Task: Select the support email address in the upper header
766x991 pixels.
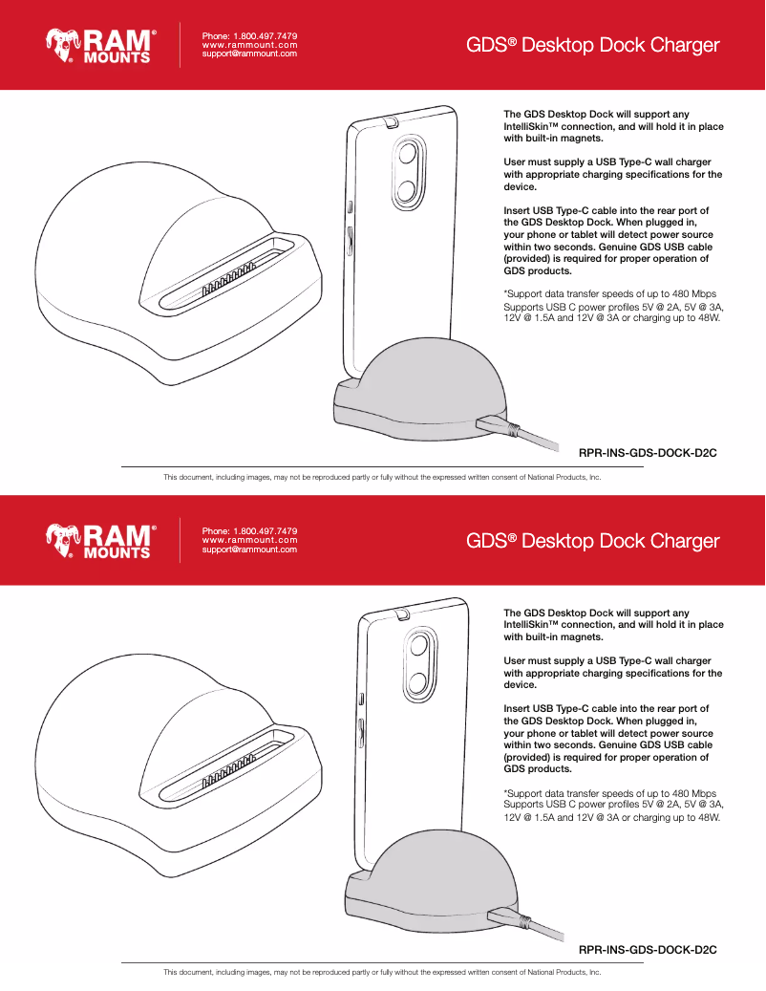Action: coord(249,54)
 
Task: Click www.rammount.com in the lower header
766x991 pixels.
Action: coord(249,540)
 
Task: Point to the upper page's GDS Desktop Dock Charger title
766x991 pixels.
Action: coord(592,45)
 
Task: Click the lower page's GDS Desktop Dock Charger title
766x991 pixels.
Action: coord(592,541)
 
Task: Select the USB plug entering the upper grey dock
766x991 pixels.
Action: coord(498,423)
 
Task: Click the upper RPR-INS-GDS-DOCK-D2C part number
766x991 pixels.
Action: coord(648,452)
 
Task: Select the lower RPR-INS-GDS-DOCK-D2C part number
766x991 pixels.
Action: coord(648,949)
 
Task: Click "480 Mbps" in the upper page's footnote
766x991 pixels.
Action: coord(694,292)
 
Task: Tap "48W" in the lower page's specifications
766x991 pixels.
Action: coord(708,818)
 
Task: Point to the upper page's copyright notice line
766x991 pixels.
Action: coord(382,476)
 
